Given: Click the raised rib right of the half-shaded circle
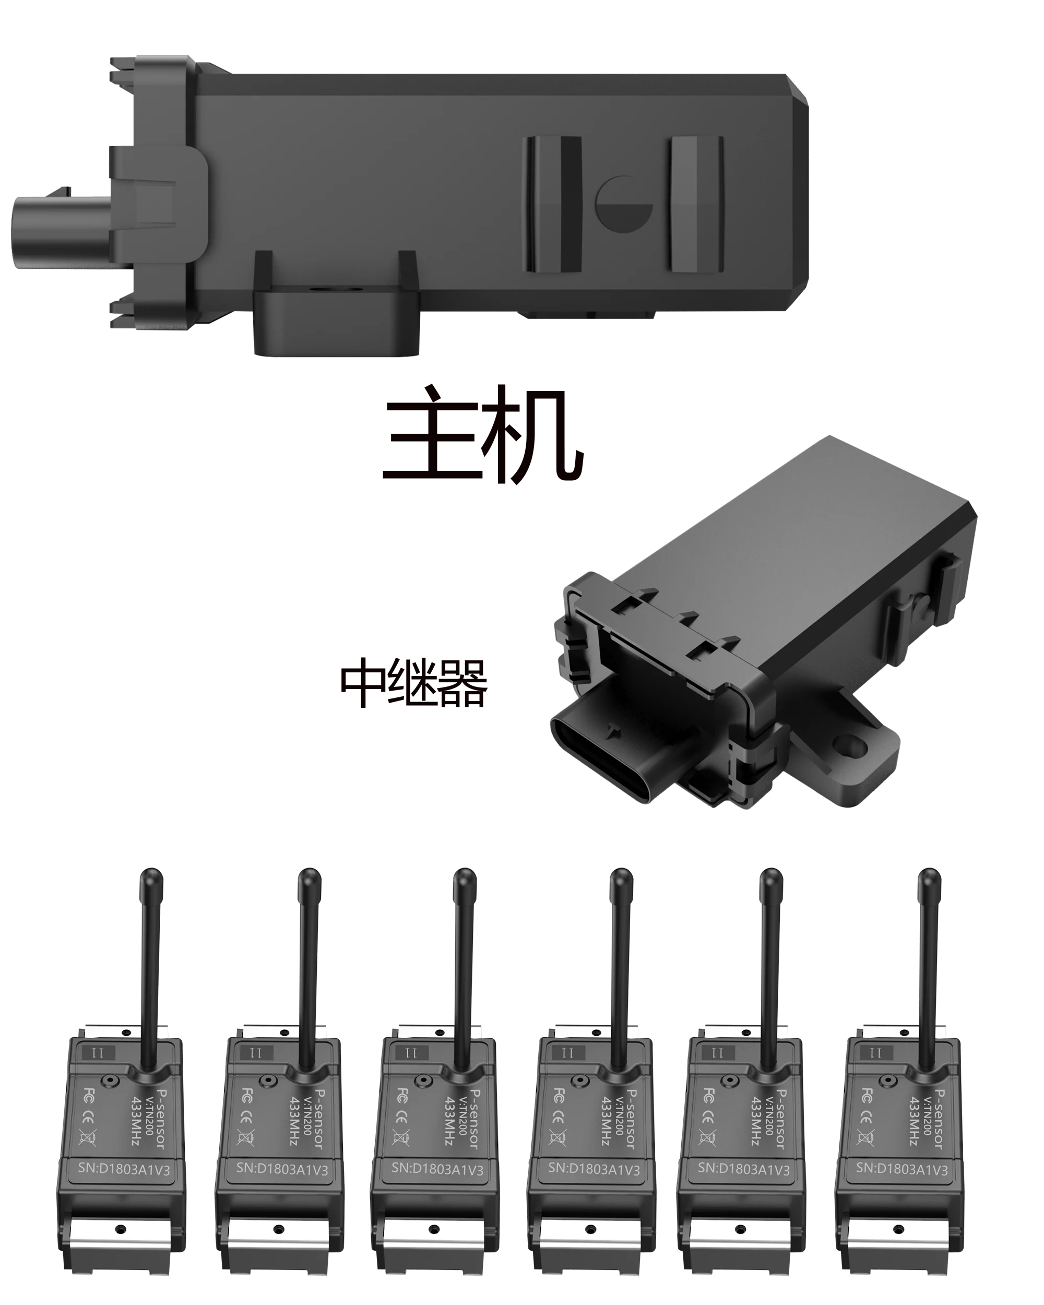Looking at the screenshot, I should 696,204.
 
